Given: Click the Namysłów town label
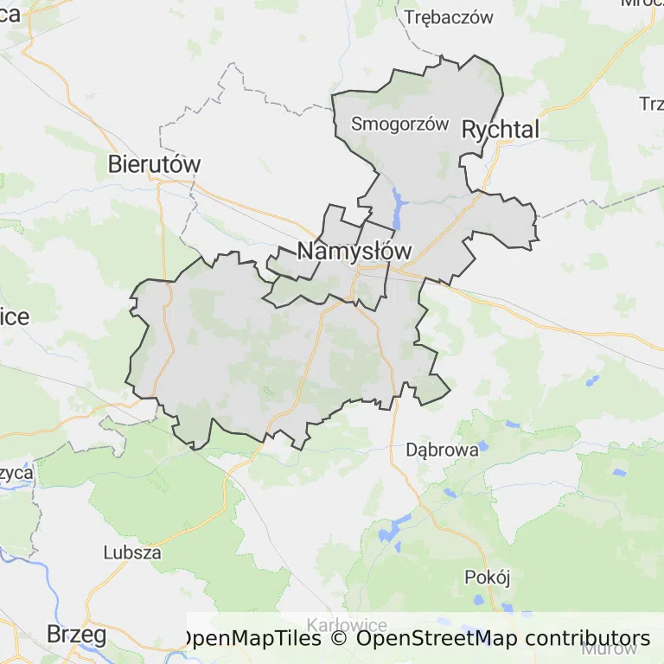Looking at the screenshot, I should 354,252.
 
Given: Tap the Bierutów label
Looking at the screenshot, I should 155,164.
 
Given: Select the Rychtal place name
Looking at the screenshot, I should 501,130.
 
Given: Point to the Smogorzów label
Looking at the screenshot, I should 400,124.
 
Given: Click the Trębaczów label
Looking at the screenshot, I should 449,16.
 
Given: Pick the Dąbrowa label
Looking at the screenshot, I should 442,450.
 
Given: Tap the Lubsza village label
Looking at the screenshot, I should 132,552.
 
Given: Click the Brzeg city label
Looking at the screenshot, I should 76,635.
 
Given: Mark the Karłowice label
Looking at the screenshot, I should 348,625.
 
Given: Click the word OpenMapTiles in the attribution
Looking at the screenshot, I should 250,640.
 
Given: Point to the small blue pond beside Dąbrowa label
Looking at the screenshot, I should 482,446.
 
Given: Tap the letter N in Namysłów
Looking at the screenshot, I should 306,252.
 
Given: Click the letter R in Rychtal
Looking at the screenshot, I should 470,130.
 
